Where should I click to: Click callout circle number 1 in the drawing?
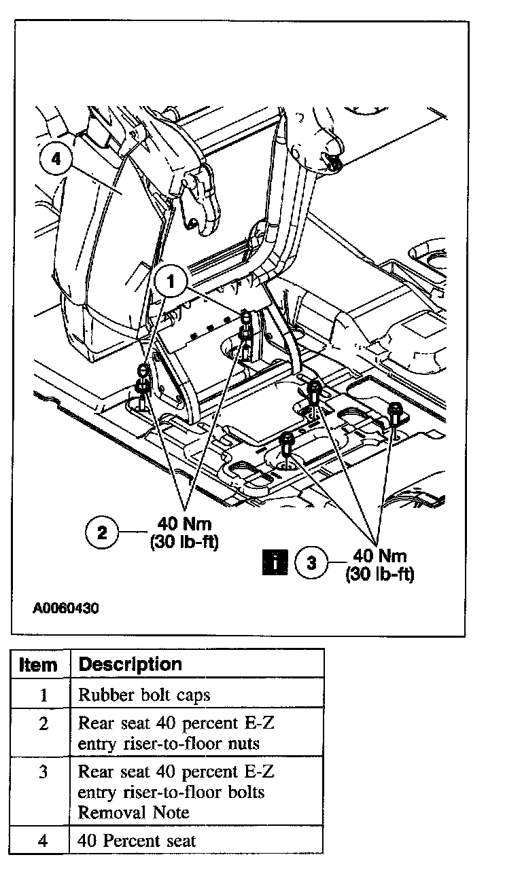171,280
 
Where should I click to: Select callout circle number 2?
102,532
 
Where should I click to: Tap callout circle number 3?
311,563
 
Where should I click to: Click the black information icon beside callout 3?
275,563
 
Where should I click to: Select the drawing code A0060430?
66,609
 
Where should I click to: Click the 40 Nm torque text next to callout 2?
184,524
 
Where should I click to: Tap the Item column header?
39,664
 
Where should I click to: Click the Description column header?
130,664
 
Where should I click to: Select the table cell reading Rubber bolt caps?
144,695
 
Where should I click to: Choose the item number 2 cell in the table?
43,724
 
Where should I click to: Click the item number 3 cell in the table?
43,772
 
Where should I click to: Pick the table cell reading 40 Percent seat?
137,841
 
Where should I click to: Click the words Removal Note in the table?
133,812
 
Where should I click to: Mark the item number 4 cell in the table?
43,841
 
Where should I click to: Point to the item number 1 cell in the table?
43,695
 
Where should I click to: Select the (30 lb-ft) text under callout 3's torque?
379,574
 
